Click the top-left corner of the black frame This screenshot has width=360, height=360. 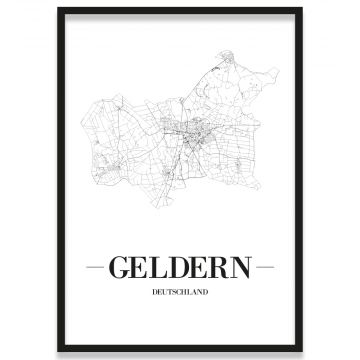click(x=59, y=9)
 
